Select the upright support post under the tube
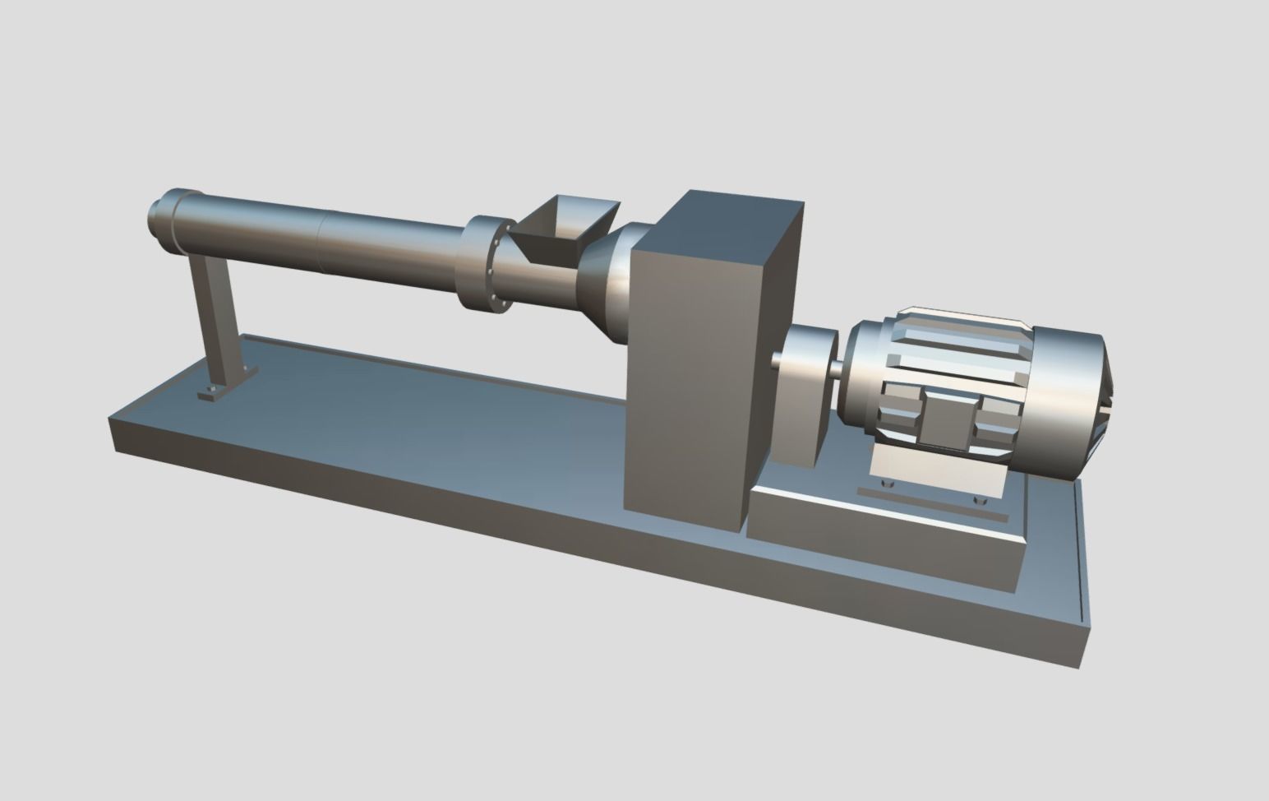[x=214, y=317]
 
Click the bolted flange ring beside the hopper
[x=488, y=263]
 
